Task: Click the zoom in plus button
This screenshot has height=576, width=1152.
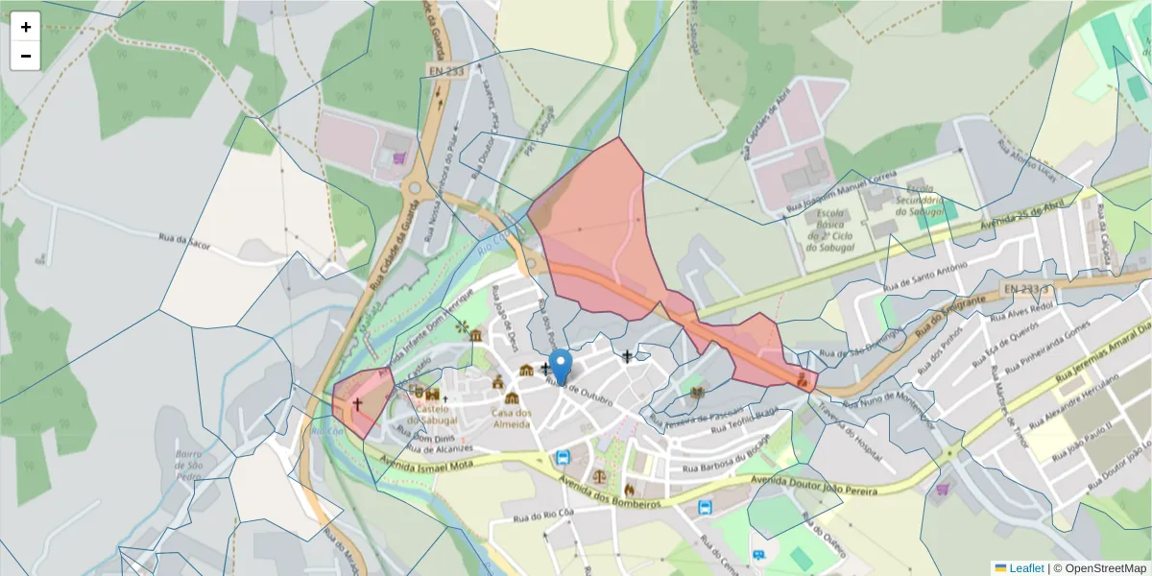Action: click(26, 28)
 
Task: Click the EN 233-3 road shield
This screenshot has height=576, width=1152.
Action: click(1028, 287)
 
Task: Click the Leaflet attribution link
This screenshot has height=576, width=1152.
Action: click(1026, 568)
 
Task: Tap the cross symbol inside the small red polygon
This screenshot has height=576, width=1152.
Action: click(357, 405)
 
